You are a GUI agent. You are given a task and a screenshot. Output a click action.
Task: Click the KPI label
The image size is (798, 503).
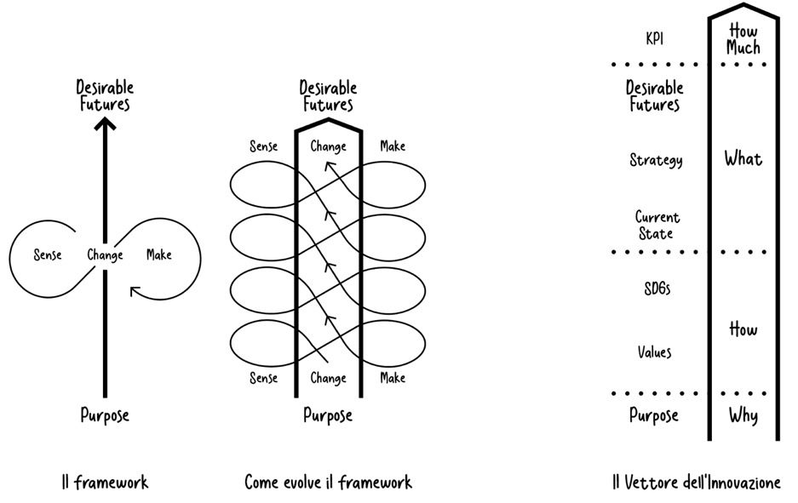click(655, 38)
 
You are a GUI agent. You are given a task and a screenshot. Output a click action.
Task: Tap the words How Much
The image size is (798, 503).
click(743, 40)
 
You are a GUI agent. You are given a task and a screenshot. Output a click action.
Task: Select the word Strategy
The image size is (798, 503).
click(656, 160)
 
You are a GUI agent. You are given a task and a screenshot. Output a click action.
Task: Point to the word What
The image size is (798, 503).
click(743, 158)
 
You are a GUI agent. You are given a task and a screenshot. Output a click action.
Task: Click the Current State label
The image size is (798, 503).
click(657, 226)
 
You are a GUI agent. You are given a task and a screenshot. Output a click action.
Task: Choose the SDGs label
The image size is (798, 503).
click(656, 289)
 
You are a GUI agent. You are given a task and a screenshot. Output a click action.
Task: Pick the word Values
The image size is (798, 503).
click(655, 352)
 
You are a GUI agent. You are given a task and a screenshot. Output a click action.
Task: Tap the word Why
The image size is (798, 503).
click(743, 416)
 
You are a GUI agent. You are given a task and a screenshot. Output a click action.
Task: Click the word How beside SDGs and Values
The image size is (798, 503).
click(743, 329)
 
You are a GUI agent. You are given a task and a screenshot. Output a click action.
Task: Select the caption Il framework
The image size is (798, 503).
click(105, 483)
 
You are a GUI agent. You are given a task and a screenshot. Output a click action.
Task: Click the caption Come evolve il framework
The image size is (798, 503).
click(328, 483)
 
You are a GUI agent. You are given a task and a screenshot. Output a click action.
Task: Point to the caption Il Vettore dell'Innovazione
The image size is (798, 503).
click(696, 483)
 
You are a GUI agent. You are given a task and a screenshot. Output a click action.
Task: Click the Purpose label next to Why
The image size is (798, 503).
click(654, 415)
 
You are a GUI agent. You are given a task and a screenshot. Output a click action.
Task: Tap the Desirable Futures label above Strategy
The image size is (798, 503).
click(655, 96)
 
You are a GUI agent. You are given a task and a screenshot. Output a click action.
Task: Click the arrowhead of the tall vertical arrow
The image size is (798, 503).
click(105, 124)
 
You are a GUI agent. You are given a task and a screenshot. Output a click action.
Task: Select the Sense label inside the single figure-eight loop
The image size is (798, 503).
click(48, 255)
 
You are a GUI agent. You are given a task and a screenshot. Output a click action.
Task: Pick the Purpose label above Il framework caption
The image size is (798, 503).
click(105, 415)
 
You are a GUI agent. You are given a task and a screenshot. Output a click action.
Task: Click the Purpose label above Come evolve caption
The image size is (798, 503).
click(328, 416)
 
